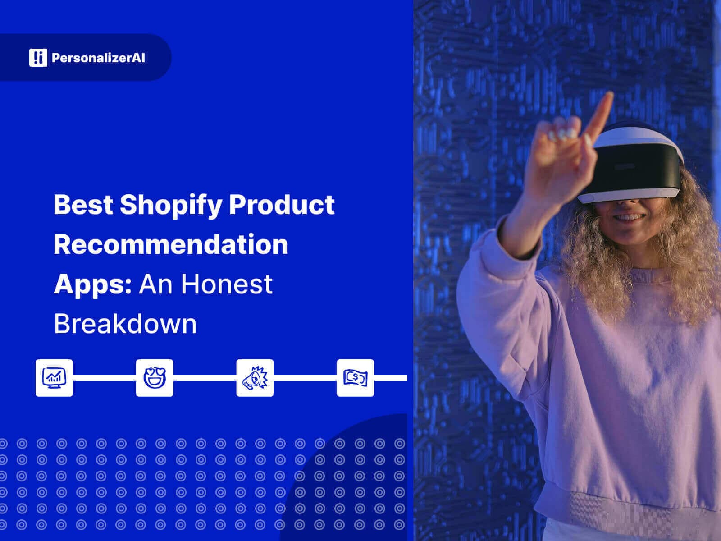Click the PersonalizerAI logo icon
coord(38,58)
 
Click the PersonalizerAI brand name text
coord(98,58)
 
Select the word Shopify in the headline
coord(171,205)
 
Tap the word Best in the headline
coord(83,204)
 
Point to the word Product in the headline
coord(282,204)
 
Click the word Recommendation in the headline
coord(171,244)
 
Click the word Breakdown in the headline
coord(125,323)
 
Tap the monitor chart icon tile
coord(54,378)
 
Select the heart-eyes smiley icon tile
coord(155,378)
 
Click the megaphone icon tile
coord(255,378)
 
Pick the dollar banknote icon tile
coord(355,378)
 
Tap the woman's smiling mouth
coord(629,218)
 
